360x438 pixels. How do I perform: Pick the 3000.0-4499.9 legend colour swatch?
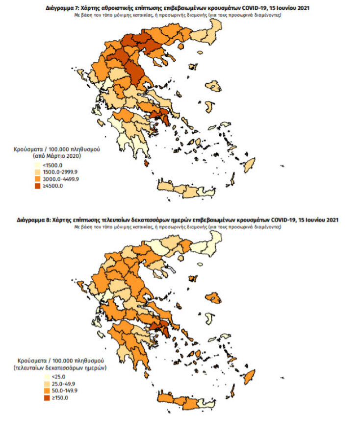(37, 179)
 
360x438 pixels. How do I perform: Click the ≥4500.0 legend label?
(53, 185)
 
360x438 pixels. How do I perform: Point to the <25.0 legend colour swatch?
(37, 377)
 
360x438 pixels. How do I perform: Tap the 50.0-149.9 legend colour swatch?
(37, 390)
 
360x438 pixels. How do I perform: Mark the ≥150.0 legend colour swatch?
(37, 397)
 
